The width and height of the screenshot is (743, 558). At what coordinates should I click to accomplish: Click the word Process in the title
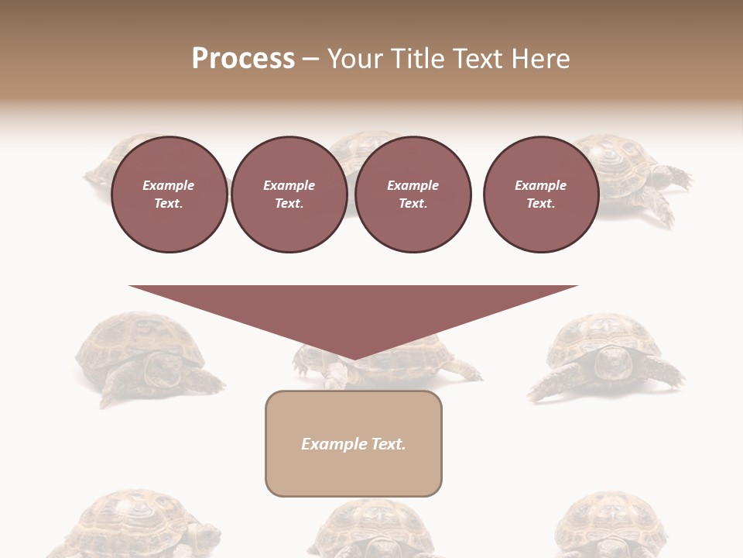click(x=243, y=59)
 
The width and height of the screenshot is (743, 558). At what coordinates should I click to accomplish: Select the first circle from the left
click(x=169, y=194)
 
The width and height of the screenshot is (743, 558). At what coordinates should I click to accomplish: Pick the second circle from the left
click(x=289, y=194)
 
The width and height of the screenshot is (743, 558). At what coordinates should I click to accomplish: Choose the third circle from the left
click(x=413, y=194)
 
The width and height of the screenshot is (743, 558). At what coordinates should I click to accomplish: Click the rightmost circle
click(x=540, y=194)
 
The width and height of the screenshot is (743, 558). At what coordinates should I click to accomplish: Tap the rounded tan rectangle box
click(x=353, y=443)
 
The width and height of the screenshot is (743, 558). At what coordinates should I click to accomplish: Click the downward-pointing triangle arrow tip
click(x=354, y=356)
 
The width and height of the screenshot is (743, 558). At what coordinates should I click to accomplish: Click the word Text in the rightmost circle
click(x=540, y=204)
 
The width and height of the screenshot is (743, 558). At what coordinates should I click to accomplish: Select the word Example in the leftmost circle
click(x=169, y=185)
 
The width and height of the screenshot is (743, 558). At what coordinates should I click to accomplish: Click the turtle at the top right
click(x=635, y=174)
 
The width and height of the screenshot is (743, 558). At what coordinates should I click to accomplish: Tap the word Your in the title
click(x=356, y=59)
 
